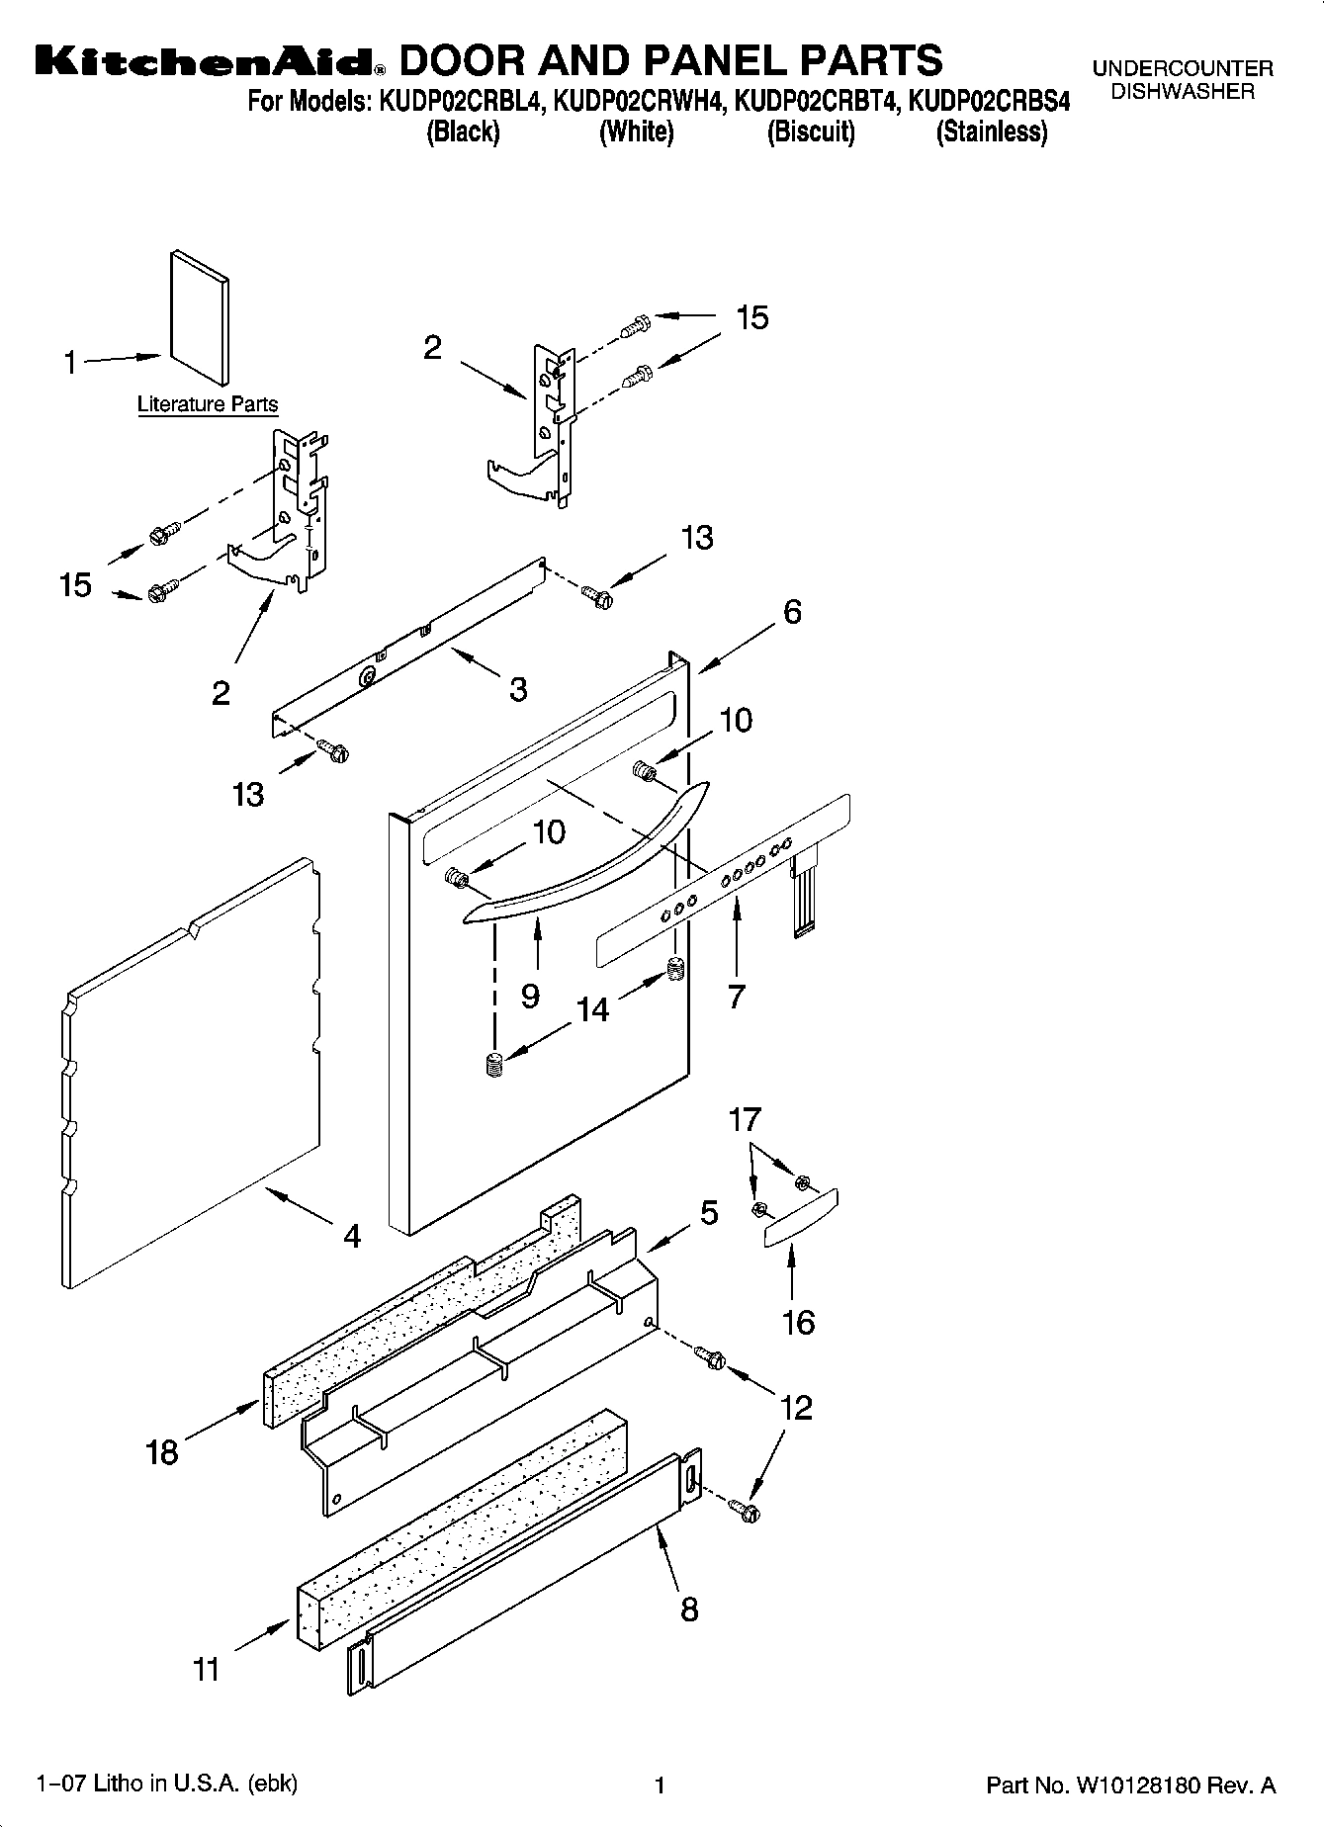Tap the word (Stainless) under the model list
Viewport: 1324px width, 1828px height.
pyautogui.click(x=991, y=131)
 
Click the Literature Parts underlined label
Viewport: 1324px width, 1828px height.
pyautogui.click(x=208, y=404)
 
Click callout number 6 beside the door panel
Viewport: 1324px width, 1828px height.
pyautogui.click(x=792, y=612)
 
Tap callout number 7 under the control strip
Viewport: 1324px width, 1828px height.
pyautogui.click(x=736, y=997)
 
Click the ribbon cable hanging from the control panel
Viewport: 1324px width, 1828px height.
pyautogui.click(x=803, y=895)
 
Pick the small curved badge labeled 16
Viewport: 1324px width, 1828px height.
pyautogui.click(x=799, y=1219)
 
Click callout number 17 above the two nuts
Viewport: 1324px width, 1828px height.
pyautogui.click(x=745, y=1119)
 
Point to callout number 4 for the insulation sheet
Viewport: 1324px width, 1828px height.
pyautogui.click(x=352, y=1236)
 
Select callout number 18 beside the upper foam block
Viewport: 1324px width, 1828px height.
pyautogui.click(x=162, y=1451)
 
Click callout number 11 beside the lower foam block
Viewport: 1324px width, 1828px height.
pyautogui.click(x=206, y=1670)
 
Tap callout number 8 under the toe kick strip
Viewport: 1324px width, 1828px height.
pyautogui.click(x=689, y=1609)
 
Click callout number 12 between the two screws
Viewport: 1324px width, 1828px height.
pyautogui.click(x=796, y=1407)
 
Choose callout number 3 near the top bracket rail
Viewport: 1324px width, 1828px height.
pyautogui.click(x=518, y=689)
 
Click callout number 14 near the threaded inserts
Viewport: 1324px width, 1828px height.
pyautogui.click(x=593, y=1008)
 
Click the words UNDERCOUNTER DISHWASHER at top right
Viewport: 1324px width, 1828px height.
pyautogui.click(x=1183, y=80)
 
